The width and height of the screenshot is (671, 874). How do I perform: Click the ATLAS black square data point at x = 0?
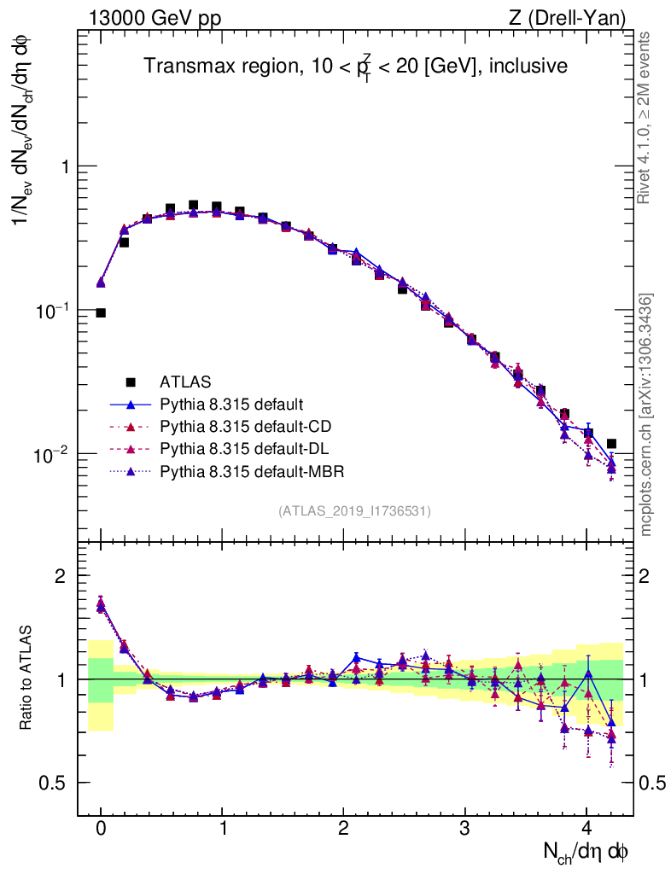[x=101, y=313]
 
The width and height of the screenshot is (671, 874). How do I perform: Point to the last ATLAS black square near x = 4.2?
[x=611, y=444]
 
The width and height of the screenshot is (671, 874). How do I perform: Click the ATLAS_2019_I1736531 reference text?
[x=354, y=511]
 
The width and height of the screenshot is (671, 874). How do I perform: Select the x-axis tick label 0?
[x=101, y=827]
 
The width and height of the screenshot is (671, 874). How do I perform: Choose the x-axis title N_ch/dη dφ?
[x=586, y=851]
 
